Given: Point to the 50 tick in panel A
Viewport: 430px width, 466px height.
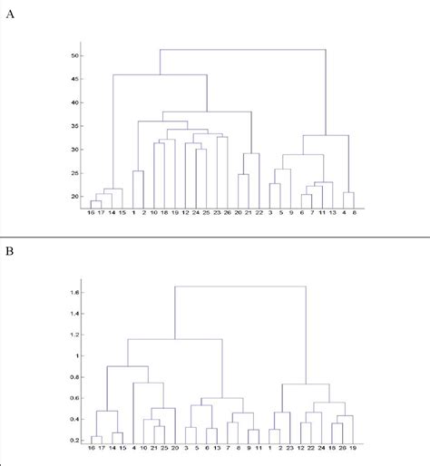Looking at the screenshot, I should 77,55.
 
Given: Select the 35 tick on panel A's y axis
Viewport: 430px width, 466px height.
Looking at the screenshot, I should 77,126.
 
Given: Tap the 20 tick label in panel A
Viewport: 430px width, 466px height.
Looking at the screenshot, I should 77,197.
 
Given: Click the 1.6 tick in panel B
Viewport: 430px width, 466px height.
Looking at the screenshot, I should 75,293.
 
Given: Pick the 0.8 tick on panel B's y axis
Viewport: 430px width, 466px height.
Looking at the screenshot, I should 75,377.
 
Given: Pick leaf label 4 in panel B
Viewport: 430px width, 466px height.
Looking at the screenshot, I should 134,449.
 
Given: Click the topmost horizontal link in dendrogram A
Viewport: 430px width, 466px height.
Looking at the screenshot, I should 242,49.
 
